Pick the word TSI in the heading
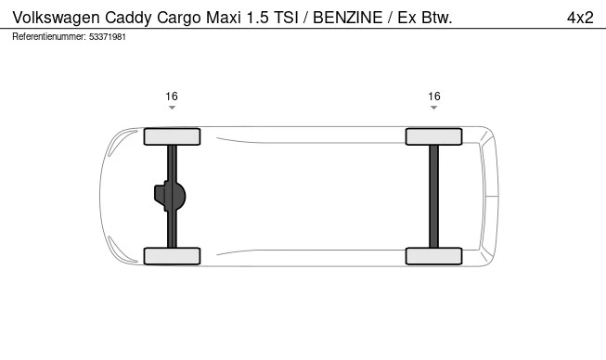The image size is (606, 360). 276,17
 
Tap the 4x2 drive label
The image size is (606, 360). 580,17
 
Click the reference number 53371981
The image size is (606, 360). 108,37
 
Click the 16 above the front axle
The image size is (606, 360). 172,96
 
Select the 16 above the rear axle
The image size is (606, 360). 434,96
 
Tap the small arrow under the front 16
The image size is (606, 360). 172,109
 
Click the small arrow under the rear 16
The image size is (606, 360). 434,109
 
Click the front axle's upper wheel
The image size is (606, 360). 172,136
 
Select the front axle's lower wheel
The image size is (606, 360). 172,256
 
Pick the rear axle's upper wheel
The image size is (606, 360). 434,136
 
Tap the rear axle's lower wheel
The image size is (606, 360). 434,256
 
